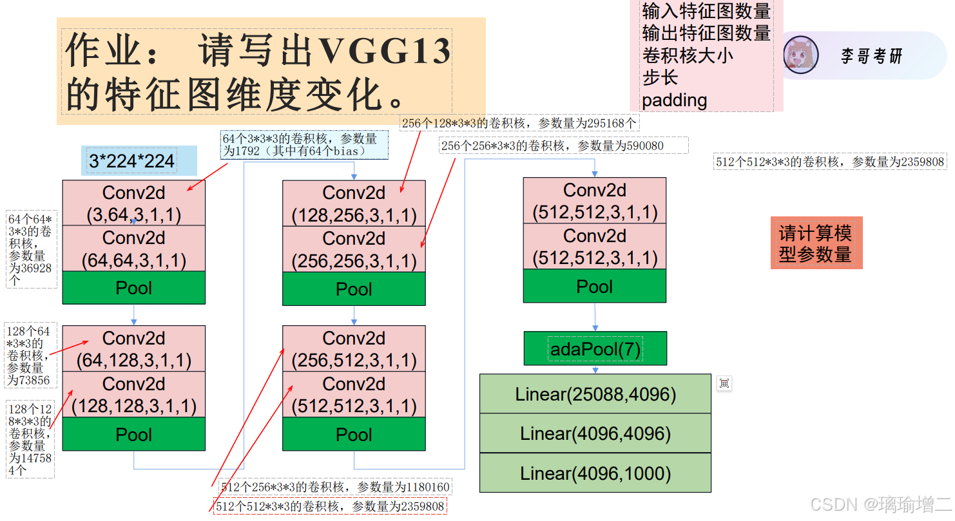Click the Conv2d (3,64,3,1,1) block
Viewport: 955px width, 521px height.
133,203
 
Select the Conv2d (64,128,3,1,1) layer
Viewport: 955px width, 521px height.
133,348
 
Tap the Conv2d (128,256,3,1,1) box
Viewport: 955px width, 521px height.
354,204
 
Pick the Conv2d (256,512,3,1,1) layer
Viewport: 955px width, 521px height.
354,348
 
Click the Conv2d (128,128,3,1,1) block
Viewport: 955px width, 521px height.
133,394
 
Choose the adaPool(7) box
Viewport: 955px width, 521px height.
595,349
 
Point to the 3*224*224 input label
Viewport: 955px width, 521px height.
132,161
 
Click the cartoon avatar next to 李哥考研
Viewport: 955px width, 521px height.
801,55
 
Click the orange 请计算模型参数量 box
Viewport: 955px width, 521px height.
816,243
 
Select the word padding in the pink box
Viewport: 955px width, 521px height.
675,100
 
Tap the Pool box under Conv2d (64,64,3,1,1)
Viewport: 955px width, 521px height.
133,288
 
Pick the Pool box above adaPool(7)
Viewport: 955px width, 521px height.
594,286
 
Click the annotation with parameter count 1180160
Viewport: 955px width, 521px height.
335,487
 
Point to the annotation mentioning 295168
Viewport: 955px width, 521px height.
520,123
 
